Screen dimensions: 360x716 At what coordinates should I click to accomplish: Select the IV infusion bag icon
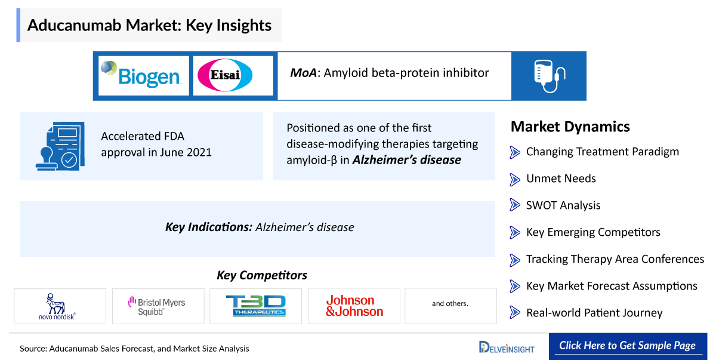click(548, 76)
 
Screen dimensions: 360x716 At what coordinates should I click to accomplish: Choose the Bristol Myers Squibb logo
click(158, 306)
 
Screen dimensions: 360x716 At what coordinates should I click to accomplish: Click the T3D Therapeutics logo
click(255, 306)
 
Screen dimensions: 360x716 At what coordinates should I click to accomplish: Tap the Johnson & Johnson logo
click(354, 306)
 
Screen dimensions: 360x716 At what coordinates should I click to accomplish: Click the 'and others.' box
click(450, 304)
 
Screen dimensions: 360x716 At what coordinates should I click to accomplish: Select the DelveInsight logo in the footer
click(507, 347)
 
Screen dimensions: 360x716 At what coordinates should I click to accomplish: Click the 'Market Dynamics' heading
click(570, 127)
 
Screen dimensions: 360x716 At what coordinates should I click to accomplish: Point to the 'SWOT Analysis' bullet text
click(563, 205)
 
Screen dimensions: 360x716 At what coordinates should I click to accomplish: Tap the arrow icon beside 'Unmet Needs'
click(515, 179)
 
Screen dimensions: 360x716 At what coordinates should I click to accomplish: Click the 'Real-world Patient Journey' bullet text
click(594, 313)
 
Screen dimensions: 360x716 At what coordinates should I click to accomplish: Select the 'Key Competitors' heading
click(262, 275)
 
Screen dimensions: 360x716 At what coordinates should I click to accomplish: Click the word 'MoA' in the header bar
click(303, 73)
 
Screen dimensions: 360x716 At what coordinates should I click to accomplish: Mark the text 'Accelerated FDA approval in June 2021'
click(156, 144)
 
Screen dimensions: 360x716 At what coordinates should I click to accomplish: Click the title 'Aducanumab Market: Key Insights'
click(149, 25)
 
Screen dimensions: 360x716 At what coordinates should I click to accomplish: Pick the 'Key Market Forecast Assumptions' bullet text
click(611, 286)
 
